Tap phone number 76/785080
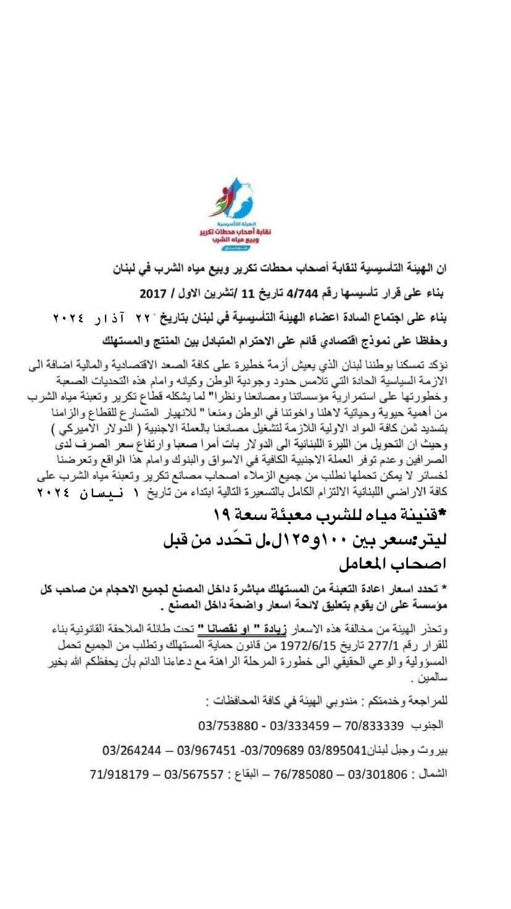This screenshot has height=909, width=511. click(306, 773)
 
